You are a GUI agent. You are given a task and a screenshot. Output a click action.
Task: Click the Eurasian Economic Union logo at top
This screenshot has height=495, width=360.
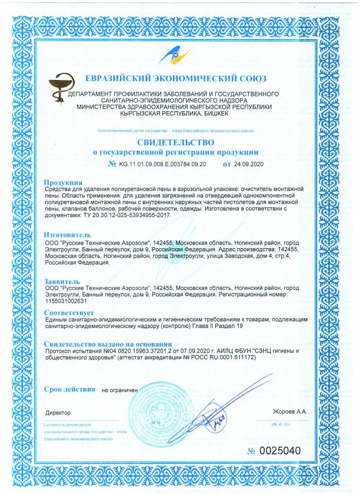pyautogui.click(x=180, y=57)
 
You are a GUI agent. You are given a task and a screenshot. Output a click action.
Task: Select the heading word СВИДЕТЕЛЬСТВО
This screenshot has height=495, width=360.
pyautogui.click(x=179, y=142)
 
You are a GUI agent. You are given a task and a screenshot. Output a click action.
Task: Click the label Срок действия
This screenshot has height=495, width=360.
pyautogui.click(x=69, y=389)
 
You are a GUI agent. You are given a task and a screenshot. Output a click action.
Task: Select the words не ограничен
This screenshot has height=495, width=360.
pyautogui.click(x=119, y=390)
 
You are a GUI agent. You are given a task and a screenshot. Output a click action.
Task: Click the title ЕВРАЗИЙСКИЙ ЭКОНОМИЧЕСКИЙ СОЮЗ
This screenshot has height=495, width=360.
pyautogui.click(x=176, y=78)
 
